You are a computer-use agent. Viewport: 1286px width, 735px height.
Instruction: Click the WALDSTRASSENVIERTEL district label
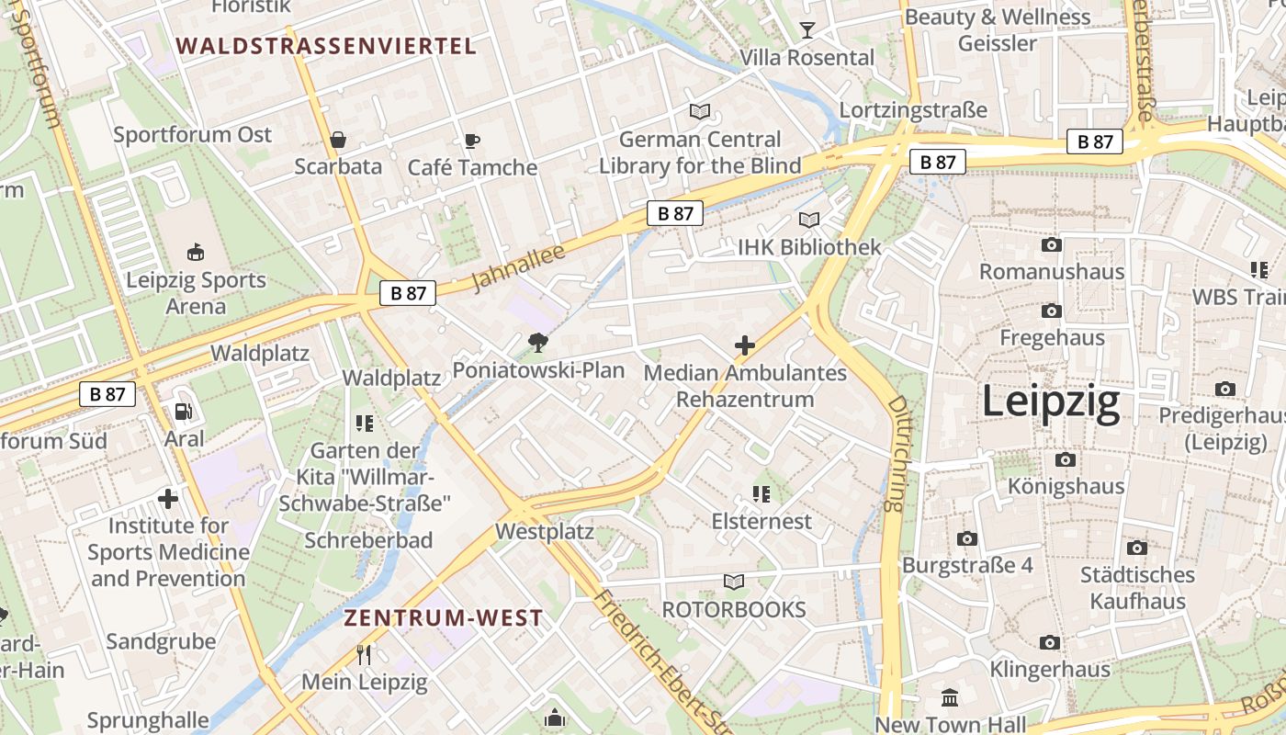click(x=326, y=46)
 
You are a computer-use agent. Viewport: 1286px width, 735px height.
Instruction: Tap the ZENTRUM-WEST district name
click(x=444, y=618)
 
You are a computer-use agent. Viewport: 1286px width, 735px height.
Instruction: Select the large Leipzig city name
click(x=1051, y=402)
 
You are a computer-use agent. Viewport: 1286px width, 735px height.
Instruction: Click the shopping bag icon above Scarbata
click(x=338, y=141)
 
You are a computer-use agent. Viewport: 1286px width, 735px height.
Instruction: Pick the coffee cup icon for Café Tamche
click(x=471, y=141)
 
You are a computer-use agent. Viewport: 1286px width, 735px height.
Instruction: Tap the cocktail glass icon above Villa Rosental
click(x=807, y=30)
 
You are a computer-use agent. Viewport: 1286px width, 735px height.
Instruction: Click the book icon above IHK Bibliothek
click(x=808, y=220)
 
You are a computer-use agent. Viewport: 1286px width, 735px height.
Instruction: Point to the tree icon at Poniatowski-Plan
click(x=537, y=344)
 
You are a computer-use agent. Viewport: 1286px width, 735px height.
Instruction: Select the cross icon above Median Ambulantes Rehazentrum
click(x=745, y=345)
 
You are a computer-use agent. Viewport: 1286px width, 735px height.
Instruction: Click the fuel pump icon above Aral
click(x=184, y=413)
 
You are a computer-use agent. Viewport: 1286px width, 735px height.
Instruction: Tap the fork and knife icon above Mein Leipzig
click(x=364, y=655)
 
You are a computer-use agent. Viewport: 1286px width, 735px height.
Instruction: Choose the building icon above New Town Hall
click(x=950, y=698)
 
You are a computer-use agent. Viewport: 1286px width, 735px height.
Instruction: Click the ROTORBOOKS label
click(x=734, y=609)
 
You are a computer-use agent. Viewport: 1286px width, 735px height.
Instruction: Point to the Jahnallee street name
click(x=518, y=267)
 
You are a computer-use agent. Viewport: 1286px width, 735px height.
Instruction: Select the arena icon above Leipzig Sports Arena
click(x=196, y=252)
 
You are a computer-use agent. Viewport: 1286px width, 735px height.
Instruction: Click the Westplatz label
click(x=545, y=532)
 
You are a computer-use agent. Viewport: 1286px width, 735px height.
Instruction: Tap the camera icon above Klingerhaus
click(x=1050, y=642)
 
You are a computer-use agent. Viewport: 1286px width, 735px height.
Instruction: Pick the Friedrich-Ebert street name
click(x=660, y=660)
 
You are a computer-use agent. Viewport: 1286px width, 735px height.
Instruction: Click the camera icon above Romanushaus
click(x=1052, y=244)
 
